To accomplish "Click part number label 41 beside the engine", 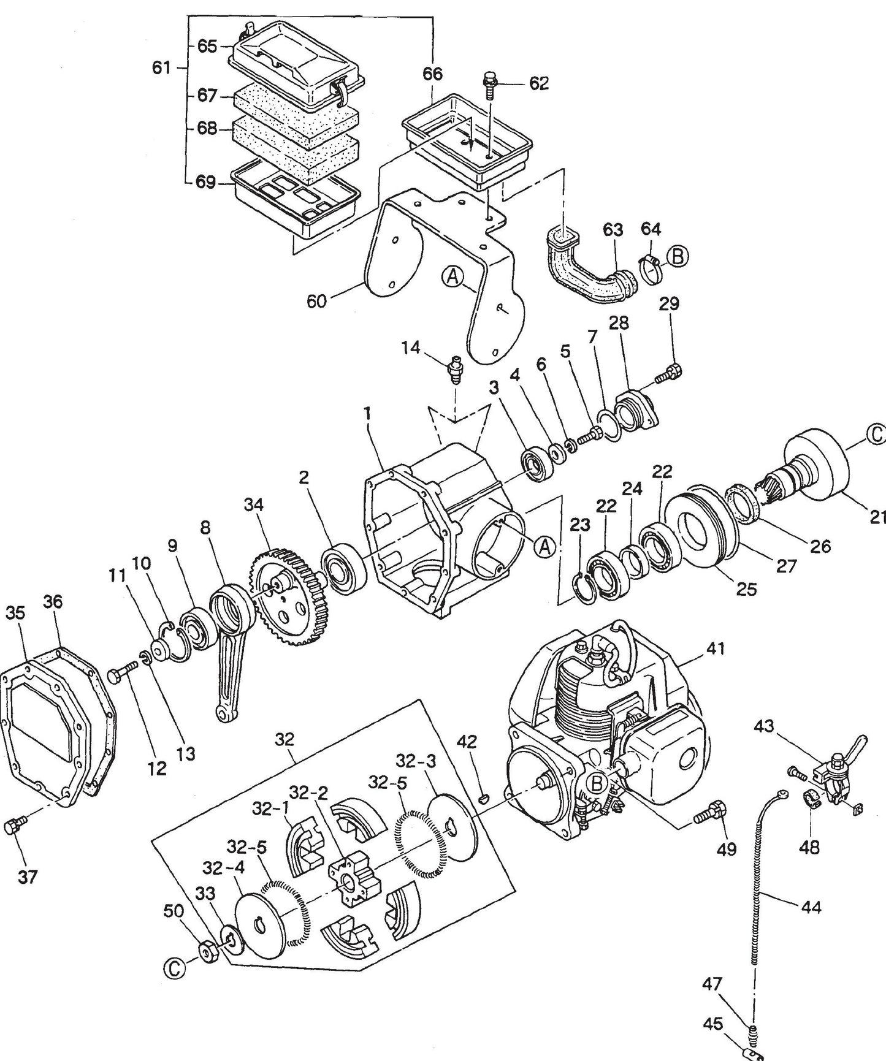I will click(x=716, y=648).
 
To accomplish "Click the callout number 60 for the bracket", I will click(x=316, y=302).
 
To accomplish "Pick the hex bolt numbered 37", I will click(x=12, y=826).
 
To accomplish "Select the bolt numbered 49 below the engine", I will click(x=711, y=814).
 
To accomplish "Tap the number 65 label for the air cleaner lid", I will click(x=207, y=47).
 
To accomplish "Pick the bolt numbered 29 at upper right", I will click(x=668, y=373).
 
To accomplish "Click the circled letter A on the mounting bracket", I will click(x=452, y=278).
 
